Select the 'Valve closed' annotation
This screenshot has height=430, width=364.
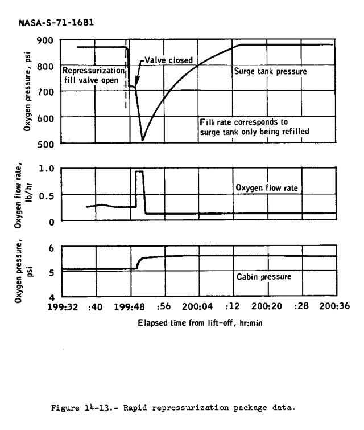[x=168, y=59]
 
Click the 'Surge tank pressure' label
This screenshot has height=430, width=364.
[x=271, y=72]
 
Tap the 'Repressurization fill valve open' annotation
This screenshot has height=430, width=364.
[x=93, y=76]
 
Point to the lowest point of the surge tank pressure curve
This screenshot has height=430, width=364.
[x=143, y=140]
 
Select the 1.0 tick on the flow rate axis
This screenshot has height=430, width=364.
[x=46, y=169]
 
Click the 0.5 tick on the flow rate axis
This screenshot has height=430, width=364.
[x=46, y=195]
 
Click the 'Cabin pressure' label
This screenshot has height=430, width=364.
[x=263, y=277]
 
